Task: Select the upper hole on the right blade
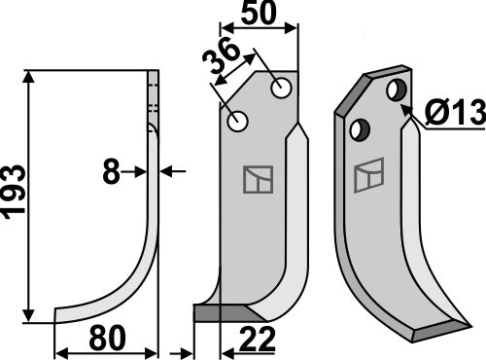coord(396,90)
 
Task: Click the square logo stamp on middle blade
coord(259,178)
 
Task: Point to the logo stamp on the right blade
coord(369,176)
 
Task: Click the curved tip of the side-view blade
coord(60,315)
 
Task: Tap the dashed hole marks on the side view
coord(153,97)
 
